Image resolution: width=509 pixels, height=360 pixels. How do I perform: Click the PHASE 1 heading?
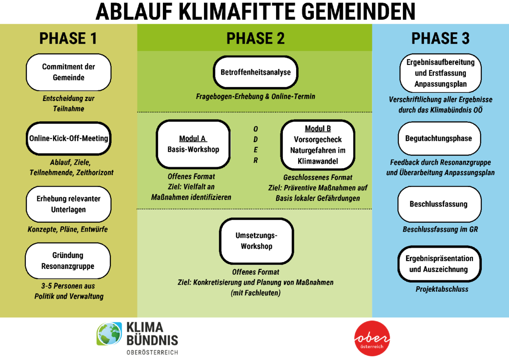(x=68, y=39)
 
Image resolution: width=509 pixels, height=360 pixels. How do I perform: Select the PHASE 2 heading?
(x=255, y=39)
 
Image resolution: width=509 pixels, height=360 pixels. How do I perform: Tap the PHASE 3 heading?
(x=440, y=39)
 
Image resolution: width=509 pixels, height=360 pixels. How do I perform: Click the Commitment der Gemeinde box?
(x=68, y=72)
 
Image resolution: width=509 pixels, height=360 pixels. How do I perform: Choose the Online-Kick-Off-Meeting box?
(x=68, y=138)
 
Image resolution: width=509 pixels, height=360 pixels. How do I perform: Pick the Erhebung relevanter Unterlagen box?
(x=68, y=204)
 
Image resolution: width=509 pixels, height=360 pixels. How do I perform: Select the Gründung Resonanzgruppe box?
(x=68, y=261)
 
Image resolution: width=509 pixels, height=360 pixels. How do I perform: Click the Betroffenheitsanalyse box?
(x=255, y=72)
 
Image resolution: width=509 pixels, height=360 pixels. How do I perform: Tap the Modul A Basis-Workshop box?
(x=193, y=144)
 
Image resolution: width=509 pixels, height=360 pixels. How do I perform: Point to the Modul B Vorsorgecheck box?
(x=318, y=145)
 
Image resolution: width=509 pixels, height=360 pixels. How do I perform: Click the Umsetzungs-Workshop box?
(x=257, y=241)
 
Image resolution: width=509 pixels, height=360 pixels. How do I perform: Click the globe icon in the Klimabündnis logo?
(x=109, y=334)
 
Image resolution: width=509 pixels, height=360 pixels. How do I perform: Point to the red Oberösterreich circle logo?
(x=372, y=338)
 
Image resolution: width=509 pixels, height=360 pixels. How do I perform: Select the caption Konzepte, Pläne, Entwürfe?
(x=68, y=229)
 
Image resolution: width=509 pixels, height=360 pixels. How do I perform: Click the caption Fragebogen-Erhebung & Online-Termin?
(x=255, y=96)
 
